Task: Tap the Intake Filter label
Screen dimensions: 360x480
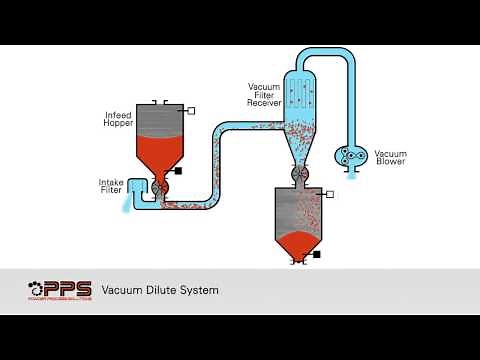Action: coord(111,186)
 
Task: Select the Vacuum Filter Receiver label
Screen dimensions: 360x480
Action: coord(264,94)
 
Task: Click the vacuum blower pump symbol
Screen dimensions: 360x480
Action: coord(350,155)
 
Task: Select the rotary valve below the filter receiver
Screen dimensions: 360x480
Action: coord(297,173)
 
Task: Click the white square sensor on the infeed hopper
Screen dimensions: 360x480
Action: coord(191,109)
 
